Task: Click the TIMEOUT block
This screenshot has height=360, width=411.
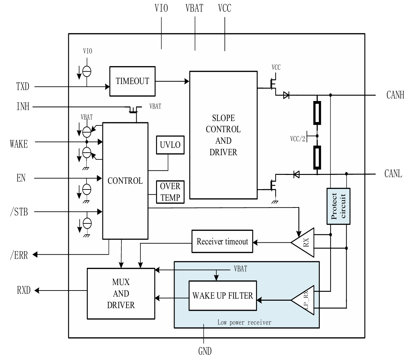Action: tap(132, 81)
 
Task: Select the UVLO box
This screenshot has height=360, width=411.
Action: tap(170, 145)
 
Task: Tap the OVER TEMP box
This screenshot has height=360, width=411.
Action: tap(170, 192)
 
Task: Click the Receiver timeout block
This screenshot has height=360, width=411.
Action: tap(222, 242)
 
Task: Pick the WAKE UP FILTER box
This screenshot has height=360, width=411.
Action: tap(222, 295)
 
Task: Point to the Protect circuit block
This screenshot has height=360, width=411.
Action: tap(338, 206)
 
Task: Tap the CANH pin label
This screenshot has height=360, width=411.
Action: tap(395, 95)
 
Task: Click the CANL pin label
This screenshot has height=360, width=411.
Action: tap(393, 174)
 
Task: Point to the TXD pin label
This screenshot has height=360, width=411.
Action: tap(23, 86)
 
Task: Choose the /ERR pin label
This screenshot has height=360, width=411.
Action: tap(19, 255)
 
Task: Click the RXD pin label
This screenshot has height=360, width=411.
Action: tap(23, 290)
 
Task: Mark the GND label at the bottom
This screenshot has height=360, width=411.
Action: tap(205, 351)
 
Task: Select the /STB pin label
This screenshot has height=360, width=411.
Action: tap(19, 212)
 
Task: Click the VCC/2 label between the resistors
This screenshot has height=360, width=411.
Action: tap(297, 139)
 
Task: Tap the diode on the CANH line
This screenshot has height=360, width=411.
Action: tap(286, 95)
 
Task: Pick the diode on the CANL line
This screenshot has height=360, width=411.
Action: tap(296, 175)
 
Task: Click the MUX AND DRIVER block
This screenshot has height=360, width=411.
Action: tap(121, 294)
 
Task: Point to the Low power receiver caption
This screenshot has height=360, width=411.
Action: tap(244, 322)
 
